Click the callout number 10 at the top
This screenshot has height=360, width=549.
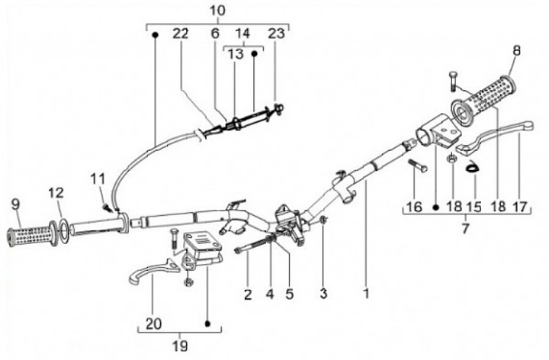217,10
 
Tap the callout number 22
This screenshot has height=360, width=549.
181,34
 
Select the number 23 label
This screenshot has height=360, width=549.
277,34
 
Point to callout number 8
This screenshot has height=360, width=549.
516,50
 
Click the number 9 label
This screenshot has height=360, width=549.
16,204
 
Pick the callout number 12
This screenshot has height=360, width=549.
56,193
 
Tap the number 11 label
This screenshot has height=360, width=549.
98,179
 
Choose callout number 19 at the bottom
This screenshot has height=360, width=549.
180,346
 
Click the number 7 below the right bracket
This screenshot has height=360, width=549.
465,229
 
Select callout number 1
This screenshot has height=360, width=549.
366,294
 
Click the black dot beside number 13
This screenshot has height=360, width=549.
255,53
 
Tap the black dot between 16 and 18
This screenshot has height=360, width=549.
435,207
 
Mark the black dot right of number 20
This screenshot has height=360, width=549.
207,323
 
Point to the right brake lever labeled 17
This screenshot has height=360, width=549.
493,137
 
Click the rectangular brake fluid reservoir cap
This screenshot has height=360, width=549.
202,240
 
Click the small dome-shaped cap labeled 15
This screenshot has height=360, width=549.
472,166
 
